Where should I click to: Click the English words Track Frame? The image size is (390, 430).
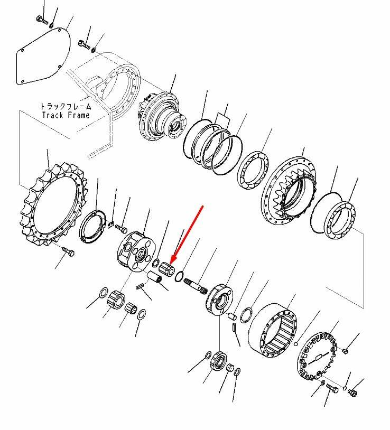[x=66, y=115]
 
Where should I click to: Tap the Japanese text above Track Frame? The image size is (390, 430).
[x=66, y=106]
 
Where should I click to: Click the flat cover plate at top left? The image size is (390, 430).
[x=43, y=56]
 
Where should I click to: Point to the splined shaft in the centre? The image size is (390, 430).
[x=196, y=286]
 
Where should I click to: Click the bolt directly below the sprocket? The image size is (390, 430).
[x=68, y=251]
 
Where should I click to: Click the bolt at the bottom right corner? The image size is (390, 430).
[x=352, y=392]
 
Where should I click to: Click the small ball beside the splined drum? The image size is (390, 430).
[x=295, y=344]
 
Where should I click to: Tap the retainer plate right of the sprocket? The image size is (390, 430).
[x=92, y=226]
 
